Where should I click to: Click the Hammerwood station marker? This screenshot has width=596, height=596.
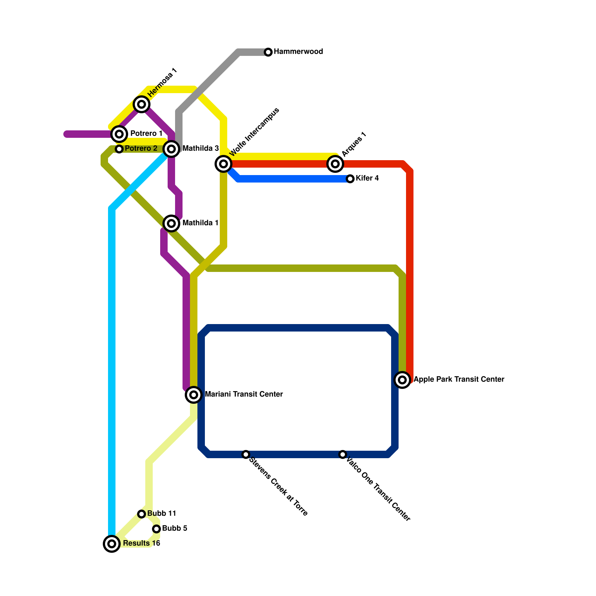coord(268,52)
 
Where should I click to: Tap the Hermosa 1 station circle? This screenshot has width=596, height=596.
coord(142,104)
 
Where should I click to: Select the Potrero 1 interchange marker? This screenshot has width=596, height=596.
coord(119,134)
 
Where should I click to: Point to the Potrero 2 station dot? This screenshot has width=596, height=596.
coord(119,149)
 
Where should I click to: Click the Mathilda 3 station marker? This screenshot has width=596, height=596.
coord(171,149)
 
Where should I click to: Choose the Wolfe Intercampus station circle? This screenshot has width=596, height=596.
coord(223,164)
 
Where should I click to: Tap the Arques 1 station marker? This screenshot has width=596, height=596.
coord(335,164)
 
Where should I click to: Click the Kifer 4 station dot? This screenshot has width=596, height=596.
coord(350,179)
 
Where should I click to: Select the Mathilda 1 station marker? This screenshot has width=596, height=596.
coord(171,223)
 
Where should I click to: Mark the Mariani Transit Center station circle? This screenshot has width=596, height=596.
coord(194,394)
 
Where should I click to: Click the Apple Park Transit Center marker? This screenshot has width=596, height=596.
coord(402,380)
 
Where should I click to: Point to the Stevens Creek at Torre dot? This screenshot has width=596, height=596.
coord(246,454)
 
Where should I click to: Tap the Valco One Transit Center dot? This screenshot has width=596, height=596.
coord(343,454)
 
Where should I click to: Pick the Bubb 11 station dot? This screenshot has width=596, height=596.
coord(142,514)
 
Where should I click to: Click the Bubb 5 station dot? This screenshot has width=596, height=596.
coord(156,529)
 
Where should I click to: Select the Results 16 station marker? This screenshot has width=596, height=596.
coord(112,544)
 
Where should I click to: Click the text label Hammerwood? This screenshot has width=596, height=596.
coord(298,52)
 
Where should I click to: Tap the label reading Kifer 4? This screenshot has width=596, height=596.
coord(367,178)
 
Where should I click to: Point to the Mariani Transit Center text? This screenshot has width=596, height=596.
coord(244,394)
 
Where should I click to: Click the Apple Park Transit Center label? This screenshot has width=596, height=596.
coord(459,380)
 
